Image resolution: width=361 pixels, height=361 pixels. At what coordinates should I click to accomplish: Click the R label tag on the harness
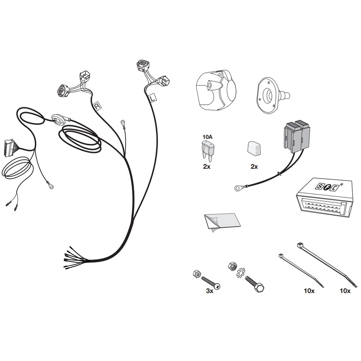pyautogui.click(x=97, y=106)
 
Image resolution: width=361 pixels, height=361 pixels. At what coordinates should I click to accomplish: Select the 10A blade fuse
pyautogui.click(x=207, y=149)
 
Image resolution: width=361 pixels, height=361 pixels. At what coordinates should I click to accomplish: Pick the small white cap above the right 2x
pyautogui.click(x=254, y=148)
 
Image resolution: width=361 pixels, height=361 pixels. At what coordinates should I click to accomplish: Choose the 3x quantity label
pyautogui.click(x=209, y=291)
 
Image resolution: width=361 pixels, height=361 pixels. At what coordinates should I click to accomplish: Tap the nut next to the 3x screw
pyautogui.click(x=197, y=274)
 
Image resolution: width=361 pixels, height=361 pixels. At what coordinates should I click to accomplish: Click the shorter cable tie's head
pyautogui.click(x=281, y=256)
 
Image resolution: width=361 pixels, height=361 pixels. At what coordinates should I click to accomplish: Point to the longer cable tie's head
pyautogui.click(x=299, y=245)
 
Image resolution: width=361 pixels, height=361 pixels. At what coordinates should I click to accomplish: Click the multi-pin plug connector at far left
pyautogui.click(x=9, y=148)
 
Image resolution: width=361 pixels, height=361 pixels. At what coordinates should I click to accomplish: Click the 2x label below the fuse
pyautogui.click(x=207, y=166)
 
